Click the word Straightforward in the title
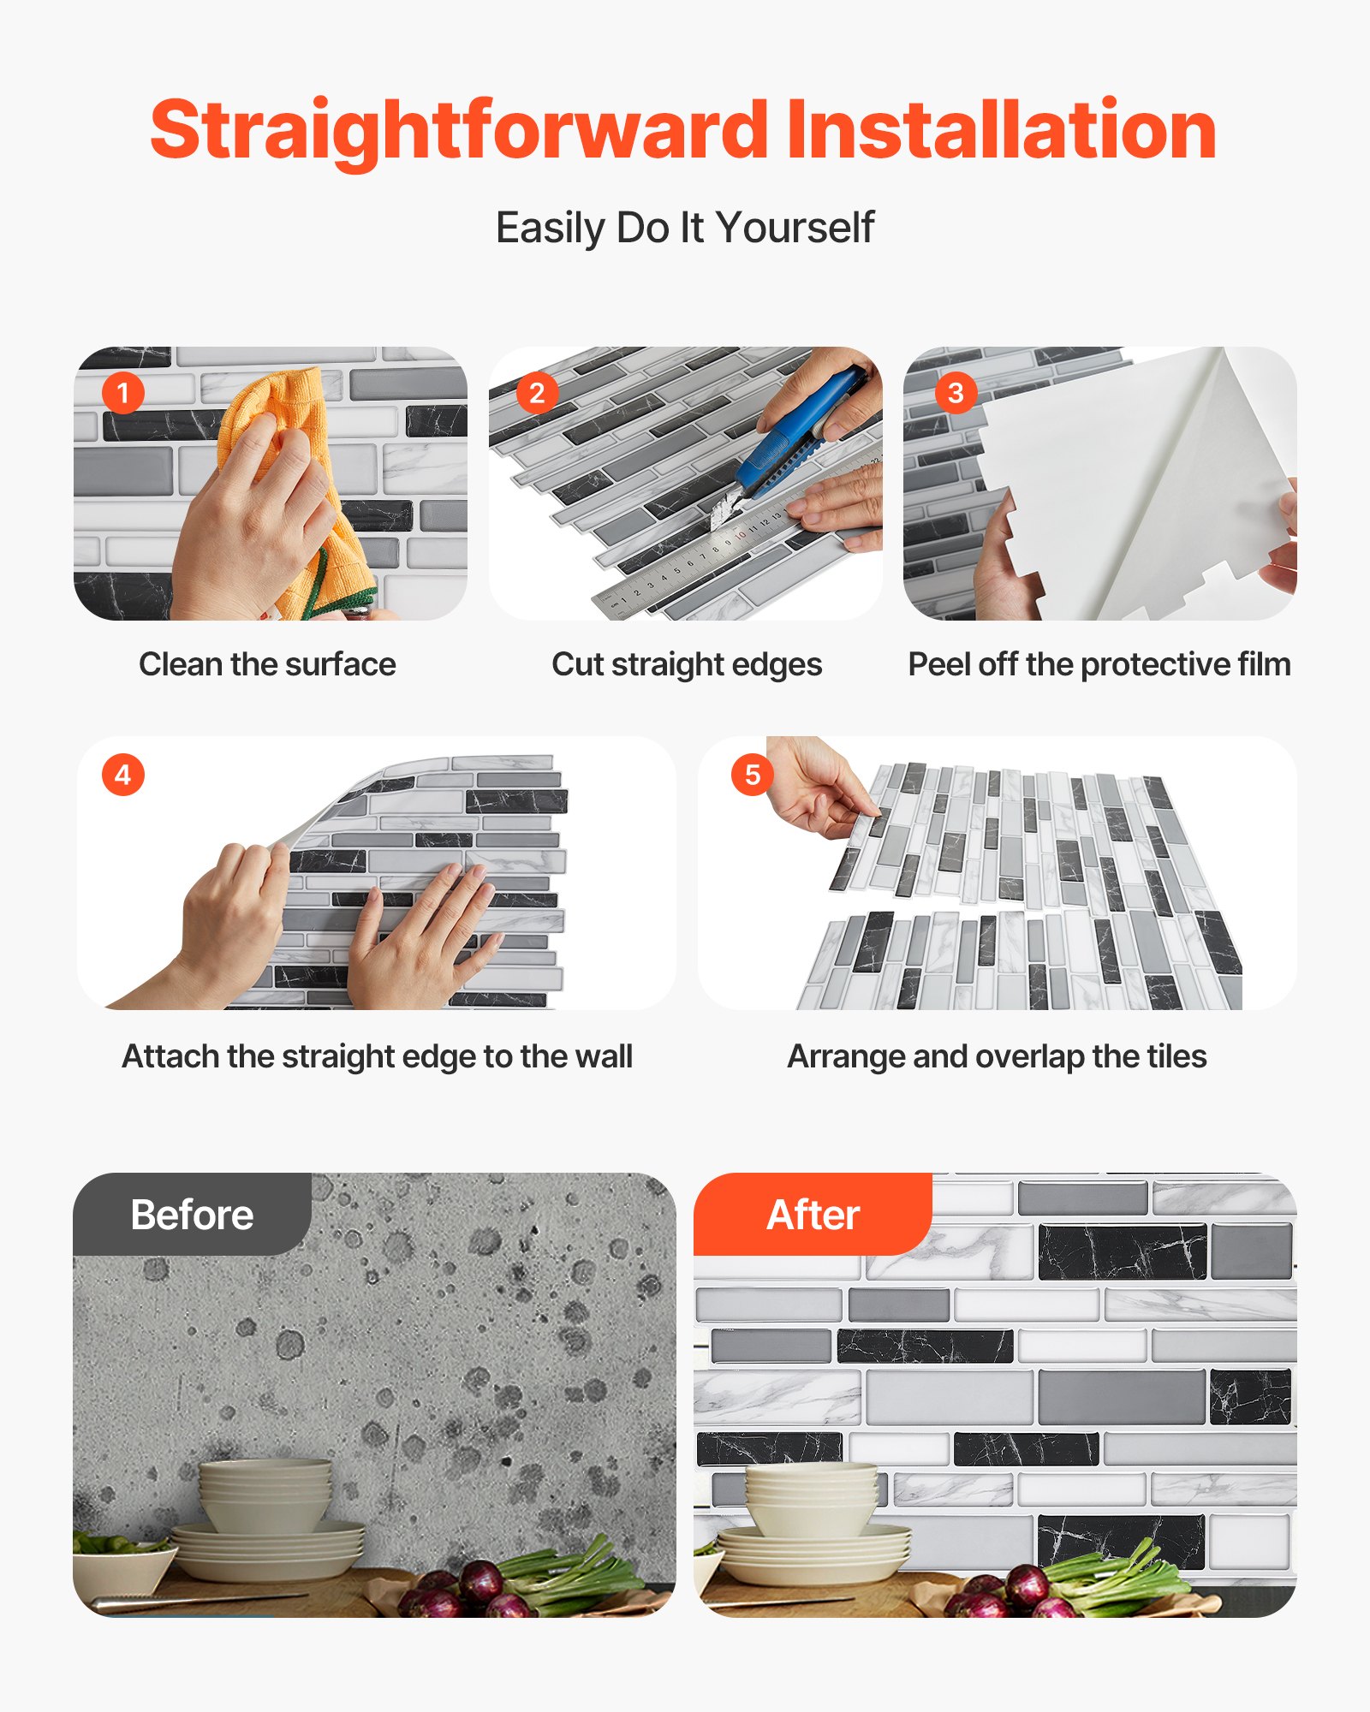point(458,130)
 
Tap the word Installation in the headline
point(1000,130)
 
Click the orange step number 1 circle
point(122,393)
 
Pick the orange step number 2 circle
point(537,393)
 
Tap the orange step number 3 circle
point(956,393)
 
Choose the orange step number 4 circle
point(122,775)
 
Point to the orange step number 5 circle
point(752,775)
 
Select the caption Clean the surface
point(267,664)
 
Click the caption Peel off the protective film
point(1099,664)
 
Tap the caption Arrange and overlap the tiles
point(997,1056)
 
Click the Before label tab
point(192,1214)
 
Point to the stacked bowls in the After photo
point(811,1498)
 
